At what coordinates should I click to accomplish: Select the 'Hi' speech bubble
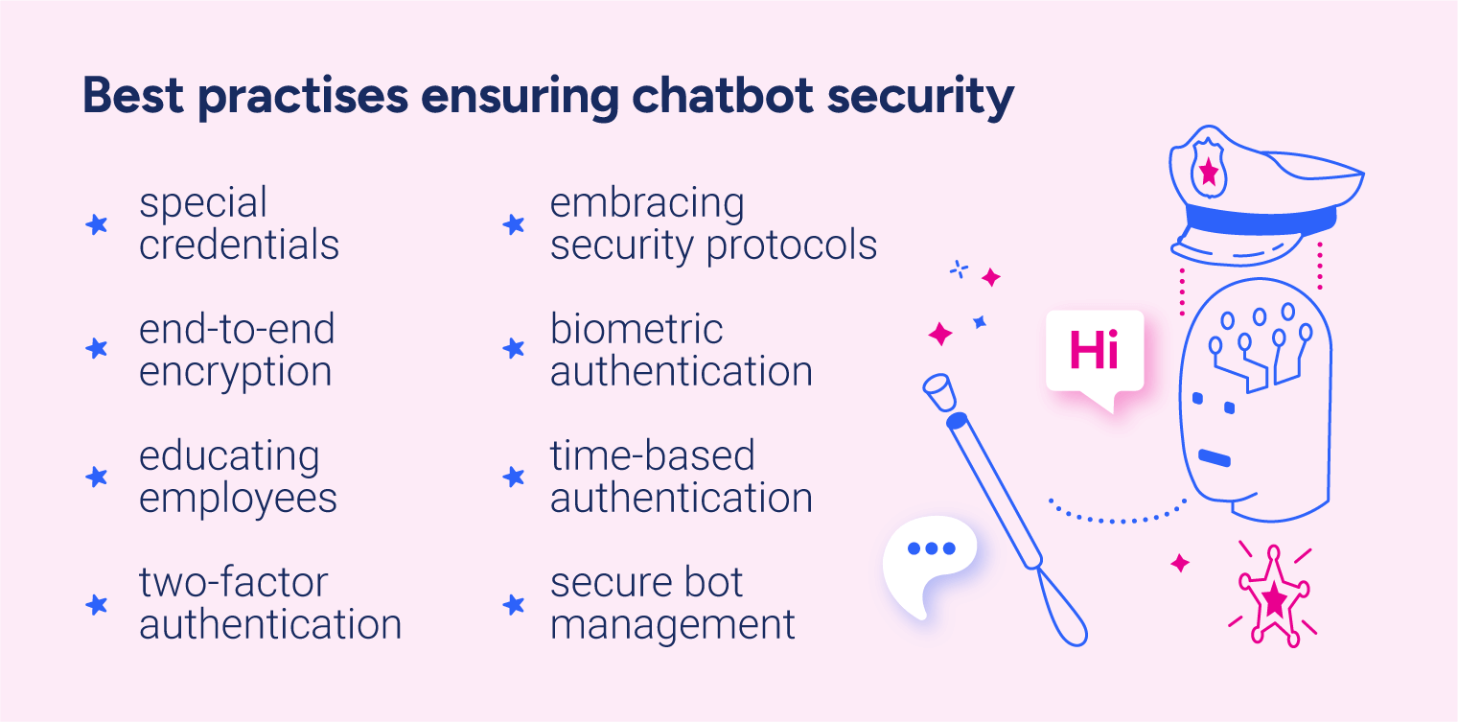[1094, 352]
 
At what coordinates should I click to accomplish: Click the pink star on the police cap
[1209, 173]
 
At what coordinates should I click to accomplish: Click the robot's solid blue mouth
[1215, 458]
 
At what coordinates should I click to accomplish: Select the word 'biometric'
[636, 330]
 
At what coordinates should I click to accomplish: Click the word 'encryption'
[235, 372]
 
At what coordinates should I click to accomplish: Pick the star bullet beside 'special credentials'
[96, 225]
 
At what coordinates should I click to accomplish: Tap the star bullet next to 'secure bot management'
[514, 604]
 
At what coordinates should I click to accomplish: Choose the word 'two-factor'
[233, 583]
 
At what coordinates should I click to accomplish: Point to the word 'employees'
[238, 499]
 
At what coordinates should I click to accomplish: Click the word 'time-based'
[652, 456]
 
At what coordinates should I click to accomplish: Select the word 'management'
[672, 625]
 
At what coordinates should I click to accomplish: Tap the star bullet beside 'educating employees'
[96, 477]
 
